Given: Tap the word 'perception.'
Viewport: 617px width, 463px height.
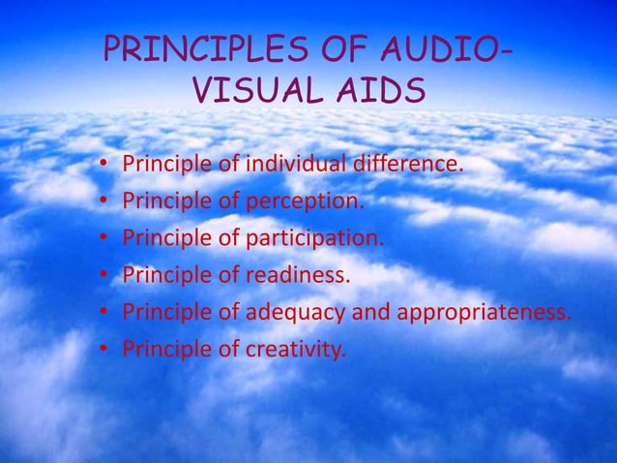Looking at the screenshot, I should click(x=307, y=202).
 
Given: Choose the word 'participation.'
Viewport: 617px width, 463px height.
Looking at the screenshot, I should click(x=315, y=239).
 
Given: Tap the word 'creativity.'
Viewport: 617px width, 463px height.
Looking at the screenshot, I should click(x=296, y=350).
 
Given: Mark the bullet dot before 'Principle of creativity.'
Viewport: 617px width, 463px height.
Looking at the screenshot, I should click(x=103, y=351).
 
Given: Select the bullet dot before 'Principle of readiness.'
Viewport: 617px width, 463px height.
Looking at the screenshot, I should click(x=103, y=277).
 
